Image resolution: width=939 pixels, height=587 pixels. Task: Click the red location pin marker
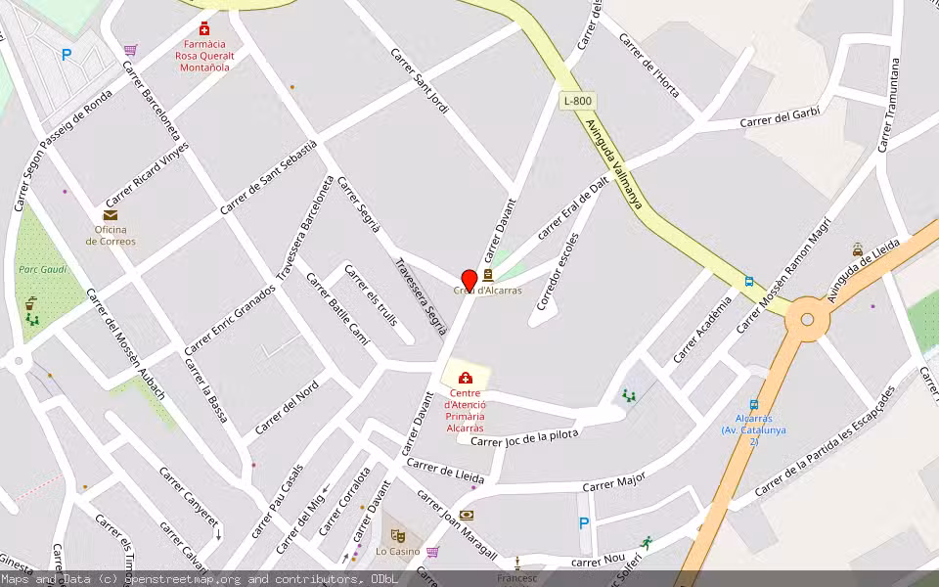click(469, 280)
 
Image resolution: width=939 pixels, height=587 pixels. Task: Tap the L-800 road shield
click(577, 101)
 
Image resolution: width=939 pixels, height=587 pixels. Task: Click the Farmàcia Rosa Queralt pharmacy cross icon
click(204, 29)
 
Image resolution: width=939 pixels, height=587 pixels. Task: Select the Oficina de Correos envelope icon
click(110, 215)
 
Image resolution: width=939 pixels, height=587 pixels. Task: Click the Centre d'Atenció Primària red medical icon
click(466, 378)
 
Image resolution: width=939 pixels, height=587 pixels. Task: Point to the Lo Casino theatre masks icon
click(397, 535)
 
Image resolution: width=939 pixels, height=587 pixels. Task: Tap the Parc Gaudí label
click(41, 269)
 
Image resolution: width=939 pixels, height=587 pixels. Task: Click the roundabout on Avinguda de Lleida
click(807, 318)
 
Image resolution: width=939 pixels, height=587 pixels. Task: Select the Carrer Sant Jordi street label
click(419, 81)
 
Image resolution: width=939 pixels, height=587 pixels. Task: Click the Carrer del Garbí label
click(780, 117)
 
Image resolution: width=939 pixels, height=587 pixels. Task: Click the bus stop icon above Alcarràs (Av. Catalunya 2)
click(753, 404)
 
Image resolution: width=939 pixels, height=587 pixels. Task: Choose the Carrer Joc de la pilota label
click(524, 437)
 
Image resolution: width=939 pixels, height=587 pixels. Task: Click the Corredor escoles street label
click(557, 271)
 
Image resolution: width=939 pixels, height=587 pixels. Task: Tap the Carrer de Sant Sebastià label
click(268, 177)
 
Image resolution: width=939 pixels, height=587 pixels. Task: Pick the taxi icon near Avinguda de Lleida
click(858, 249)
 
